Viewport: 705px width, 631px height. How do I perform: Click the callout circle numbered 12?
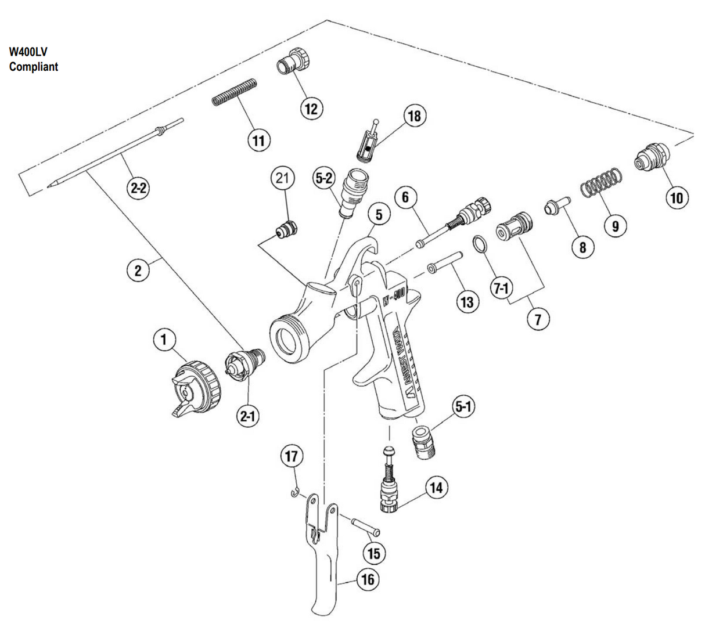click(x=311, y=109)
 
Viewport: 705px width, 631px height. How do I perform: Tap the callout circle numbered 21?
click(x=282, y=179)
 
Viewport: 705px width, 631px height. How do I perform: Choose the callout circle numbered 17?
click(x=292, y=457)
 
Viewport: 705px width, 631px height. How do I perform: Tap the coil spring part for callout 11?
click(x=232, y=92)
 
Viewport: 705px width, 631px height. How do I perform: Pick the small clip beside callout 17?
click(x=296, y=493)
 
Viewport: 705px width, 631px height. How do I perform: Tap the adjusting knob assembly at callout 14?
click(x=387, y=482)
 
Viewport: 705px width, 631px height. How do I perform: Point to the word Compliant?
click(x=34, y=67)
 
